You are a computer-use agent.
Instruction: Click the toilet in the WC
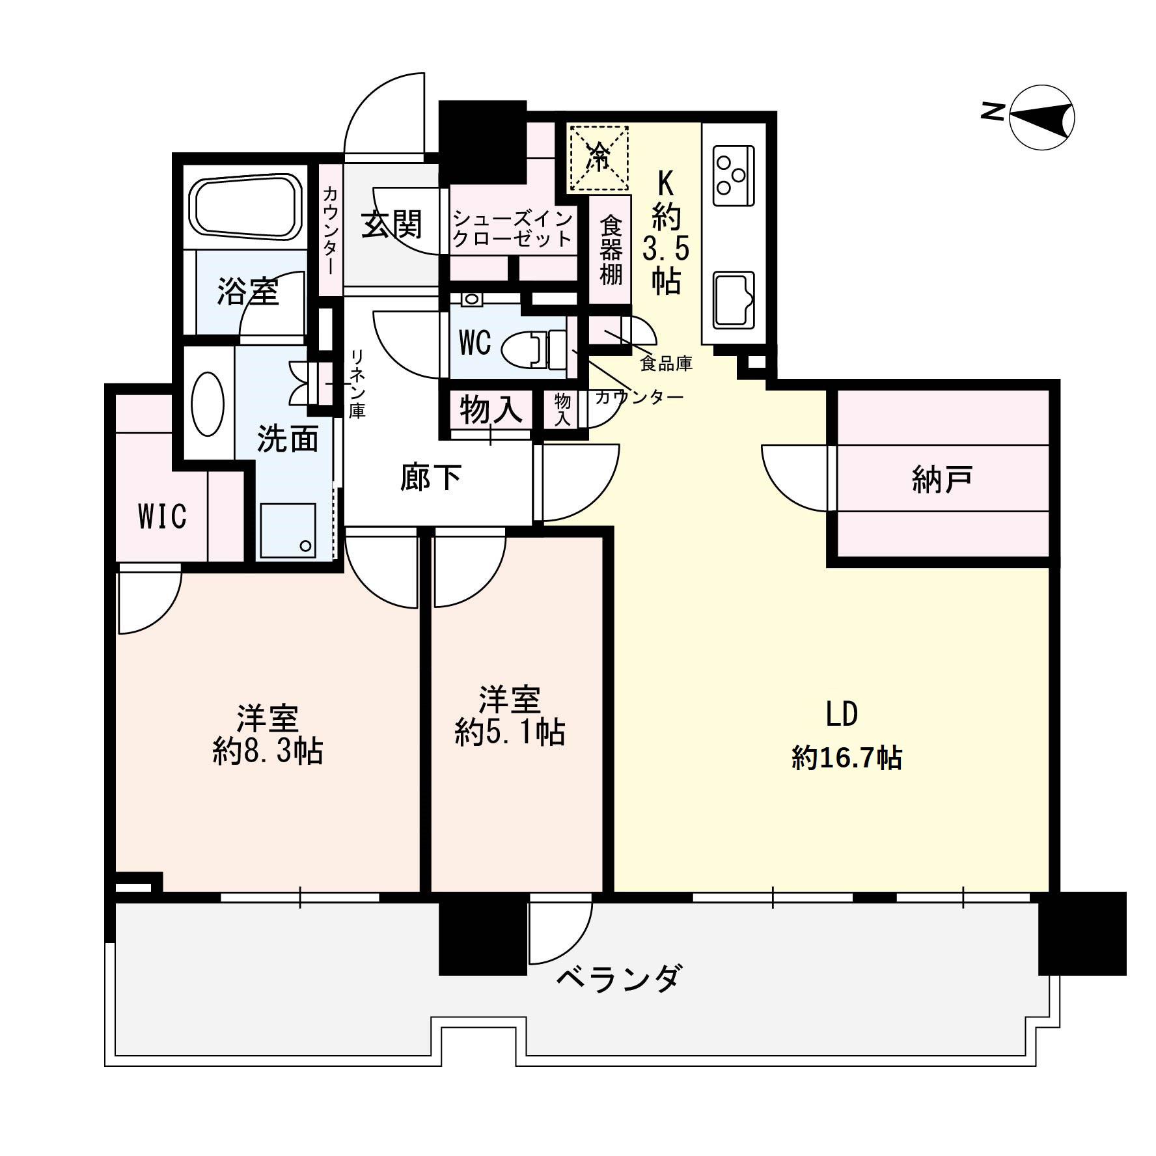click(x=534, y=348)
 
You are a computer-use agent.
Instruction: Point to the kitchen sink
click(x=734, y=300)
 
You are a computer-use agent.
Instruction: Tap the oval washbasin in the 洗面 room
click(x=208, y=404)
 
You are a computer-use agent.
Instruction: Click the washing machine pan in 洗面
click(x=287, y=530)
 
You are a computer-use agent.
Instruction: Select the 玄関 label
click(x=392, y=225)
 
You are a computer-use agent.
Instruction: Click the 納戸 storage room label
click(x=943, y=480)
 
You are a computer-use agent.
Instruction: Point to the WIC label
click(x=163, y=516)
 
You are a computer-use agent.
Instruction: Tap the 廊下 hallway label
click(x=431, y=478)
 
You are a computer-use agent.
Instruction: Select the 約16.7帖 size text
click(x=847, y=758)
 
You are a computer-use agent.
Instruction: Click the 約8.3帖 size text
click(x=268, y=752)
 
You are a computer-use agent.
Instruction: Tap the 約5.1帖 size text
click(x=510, y=733)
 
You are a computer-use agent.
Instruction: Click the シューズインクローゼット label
click(x=513, y=228)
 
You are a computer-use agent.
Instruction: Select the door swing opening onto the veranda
click(x=560, y=931)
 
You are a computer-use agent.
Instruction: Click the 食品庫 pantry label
click(x=666, y=363)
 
